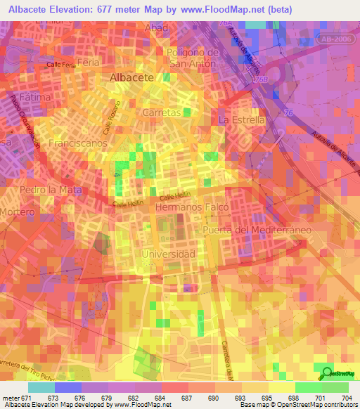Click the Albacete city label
[x=132, y=78]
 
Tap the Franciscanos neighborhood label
[x=77, y=143]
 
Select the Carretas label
[x=162, y=112]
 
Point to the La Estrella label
[x=243, y=120]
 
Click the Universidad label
[x=168, y=254]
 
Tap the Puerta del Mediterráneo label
[x=257, y=231]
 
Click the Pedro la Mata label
[x=51, y=190]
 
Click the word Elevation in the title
[x=81, y=9]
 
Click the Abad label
[x=155, y=27]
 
